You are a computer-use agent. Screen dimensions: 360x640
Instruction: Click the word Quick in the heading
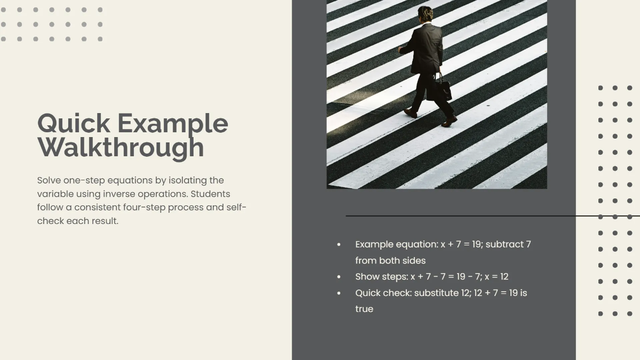74,124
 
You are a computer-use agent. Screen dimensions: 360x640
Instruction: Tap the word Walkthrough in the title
121,147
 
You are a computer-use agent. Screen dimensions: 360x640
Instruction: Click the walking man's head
425,13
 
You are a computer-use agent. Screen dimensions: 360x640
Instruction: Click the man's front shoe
449,122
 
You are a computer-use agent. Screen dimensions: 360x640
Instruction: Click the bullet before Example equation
339,245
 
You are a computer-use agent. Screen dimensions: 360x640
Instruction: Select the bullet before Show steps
339,277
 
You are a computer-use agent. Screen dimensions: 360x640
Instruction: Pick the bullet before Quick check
339,293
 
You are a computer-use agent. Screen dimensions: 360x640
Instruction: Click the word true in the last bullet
364,309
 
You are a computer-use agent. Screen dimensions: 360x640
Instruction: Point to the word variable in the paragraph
55,194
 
